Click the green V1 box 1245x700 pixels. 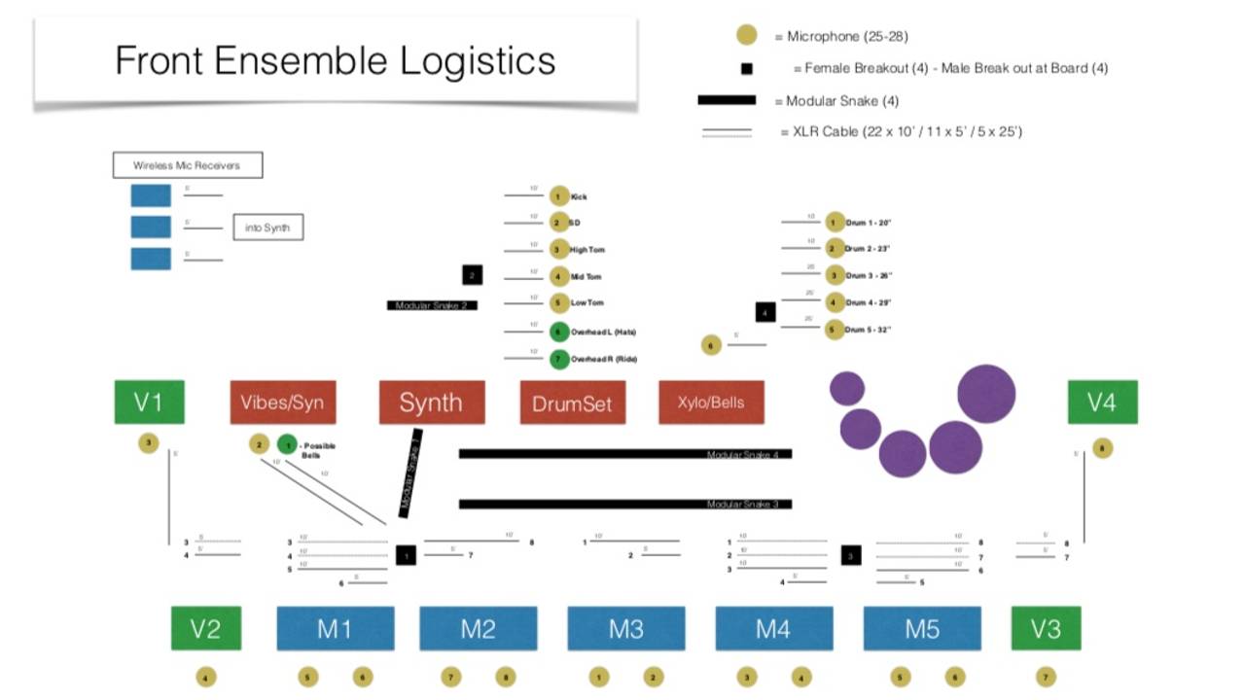click(149, 402)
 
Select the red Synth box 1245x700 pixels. click(431, 402)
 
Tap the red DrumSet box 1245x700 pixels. click(572, 402)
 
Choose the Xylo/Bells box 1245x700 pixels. click(711, 402)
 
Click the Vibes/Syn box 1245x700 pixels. click(283, 402)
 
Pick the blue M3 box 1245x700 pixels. click(625, 628)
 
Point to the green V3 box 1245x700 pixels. click(1046, 628)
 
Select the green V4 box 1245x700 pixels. click(1102, 402)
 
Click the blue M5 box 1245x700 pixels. click(922, 628)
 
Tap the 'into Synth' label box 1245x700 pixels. click(267, 228)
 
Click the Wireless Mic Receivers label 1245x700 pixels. click(187, 165)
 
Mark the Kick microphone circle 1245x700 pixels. click(558, 196)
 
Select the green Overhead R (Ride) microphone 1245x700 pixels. click(558, 359)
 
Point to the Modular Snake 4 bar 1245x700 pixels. click(625, 454)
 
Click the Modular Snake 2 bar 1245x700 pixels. click(431, 305)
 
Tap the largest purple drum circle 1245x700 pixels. click(986, 394)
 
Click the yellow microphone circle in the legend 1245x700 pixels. click(746, 36)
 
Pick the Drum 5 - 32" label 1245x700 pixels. click(868, 330)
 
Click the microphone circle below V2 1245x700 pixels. click(205, 677)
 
